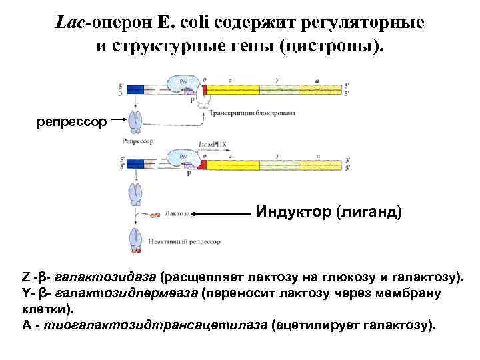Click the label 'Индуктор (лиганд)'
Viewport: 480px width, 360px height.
tap(329, 212)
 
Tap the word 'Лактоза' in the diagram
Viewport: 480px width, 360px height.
tap(177, 214)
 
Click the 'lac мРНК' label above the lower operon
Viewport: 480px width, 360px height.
tap(213, 144)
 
